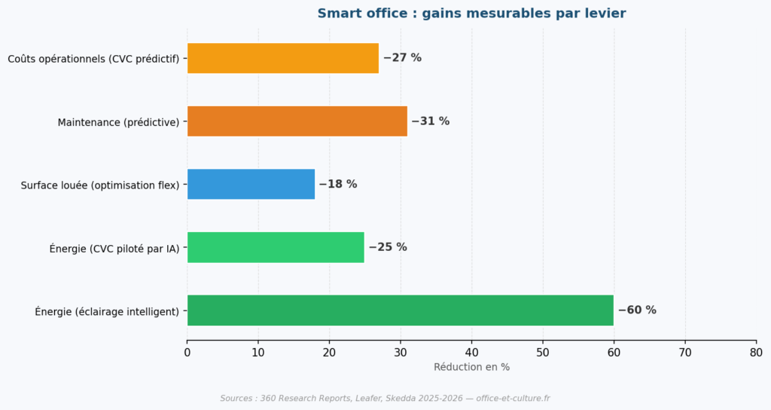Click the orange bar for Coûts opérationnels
pos(283,58)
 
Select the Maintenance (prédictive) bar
pos(297,121)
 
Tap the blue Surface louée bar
pos(251,184)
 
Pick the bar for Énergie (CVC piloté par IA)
pos(276,247)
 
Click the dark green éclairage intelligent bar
pos(400,310)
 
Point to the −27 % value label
pos(402,58)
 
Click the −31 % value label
pos(430,121)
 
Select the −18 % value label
pos(337,184)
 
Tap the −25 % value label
pos(387,247)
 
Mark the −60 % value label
pos(637,310)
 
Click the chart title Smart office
pos(471,14)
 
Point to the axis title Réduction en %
pos(471,367)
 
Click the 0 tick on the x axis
pos(187,351)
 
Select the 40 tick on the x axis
pos(472,351)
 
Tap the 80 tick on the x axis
pos(756,351)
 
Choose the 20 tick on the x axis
pos(330,351)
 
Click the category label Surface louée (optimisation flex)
pos(100,185)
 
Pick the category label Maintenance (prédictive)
pos(118,122)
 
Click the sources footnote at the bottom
pos(385,398)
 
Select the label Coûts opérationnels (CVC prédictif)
pos(93,59)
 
